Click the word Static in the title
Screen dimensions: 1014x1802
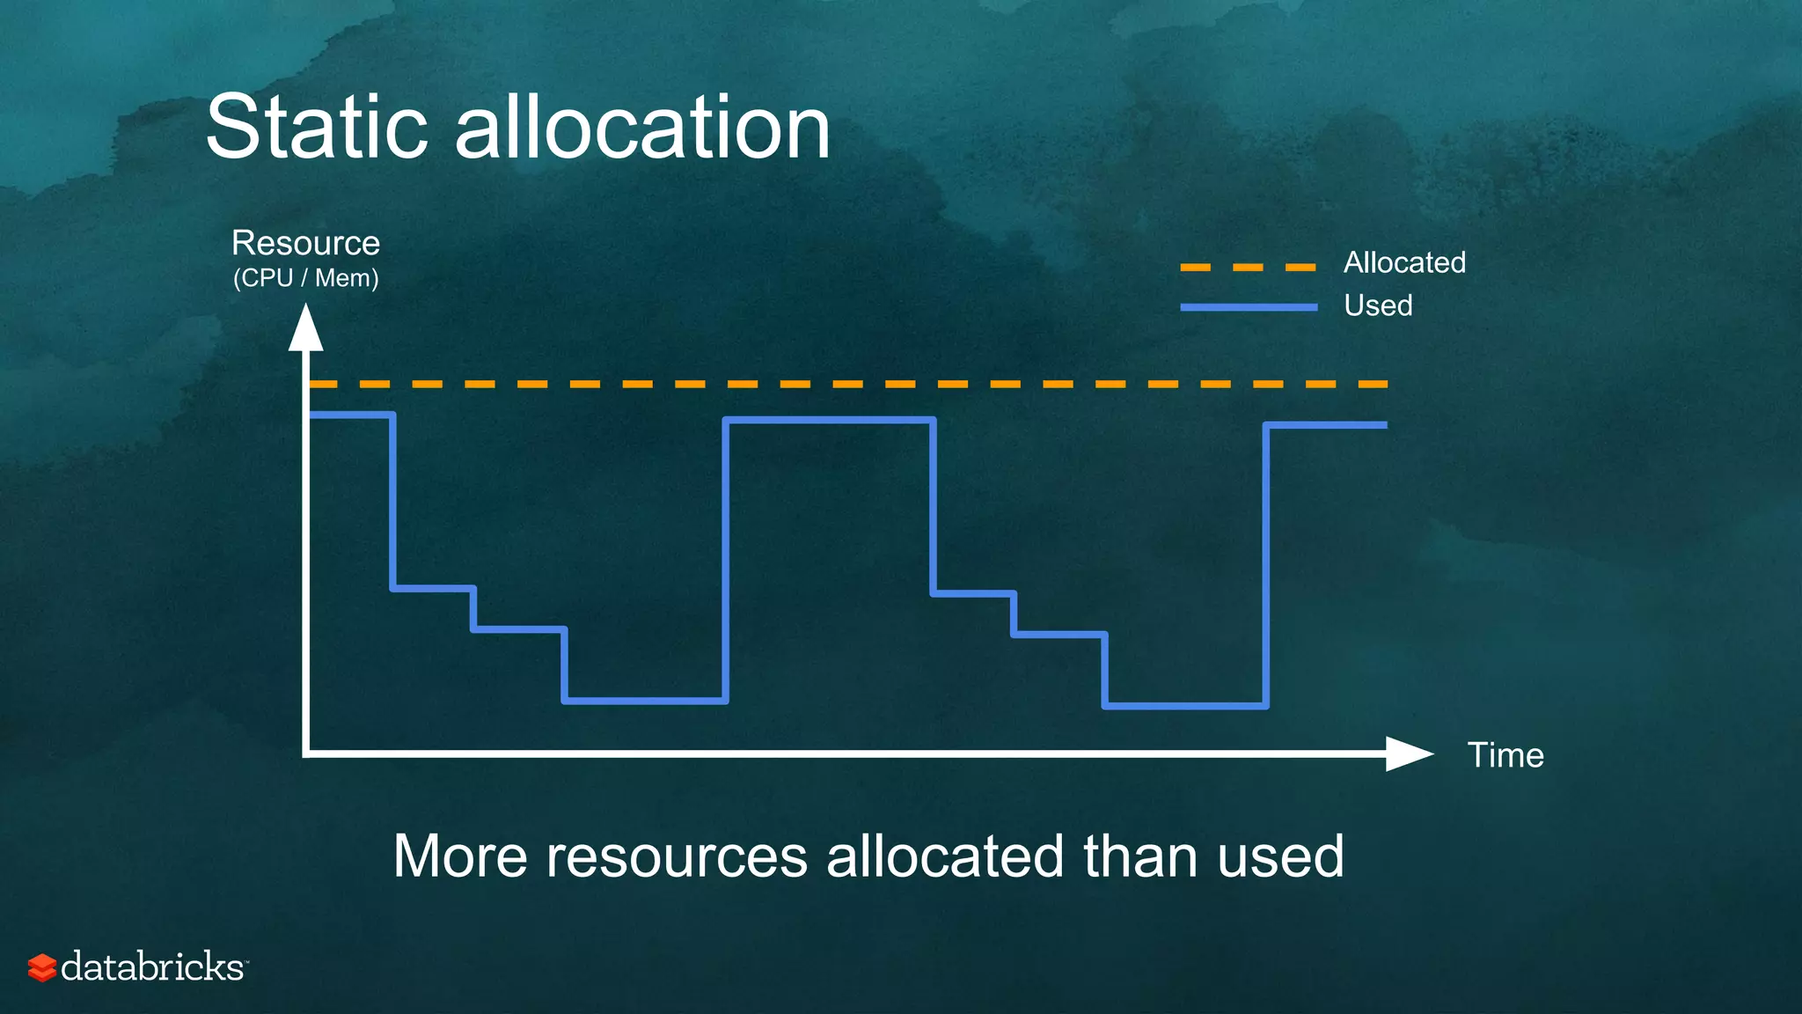point(317,129)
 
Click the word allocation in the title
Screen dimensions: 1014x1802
point(642,129)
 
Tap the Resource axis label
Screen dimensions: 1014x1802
point(305,243)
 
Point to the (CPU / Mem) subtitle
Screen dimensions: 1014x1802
point(305,278)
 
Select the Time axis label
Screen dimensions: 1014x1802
point(1505,755)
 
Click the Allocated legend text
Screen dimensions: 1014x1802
point(1404,262)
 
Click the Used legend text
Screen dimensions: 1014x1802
point(1378,305)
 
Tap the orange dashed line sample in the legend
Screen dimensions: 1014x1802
point(1248,267)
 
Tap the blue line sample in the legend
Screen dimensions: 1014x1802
point(1248,307)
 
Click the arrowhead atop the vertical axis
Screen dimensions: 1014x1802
point(305,328)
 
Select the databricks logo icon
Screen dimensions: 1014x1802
point(41,967)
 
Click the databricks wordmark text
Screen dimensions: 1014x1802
point(153,967)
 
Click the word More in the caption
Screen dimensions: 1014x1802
point(459,856)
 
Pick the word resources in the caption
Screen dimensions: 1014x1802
point(677,856)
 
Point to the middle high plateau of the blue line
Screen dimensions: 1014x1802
point(829,421)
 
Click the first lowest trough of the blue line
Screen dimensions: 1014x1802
point(645,701)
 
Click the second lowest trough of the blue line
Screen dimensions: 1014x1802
point(1185,706)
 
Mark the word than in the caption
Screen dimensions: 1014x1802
point(1141,856)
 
